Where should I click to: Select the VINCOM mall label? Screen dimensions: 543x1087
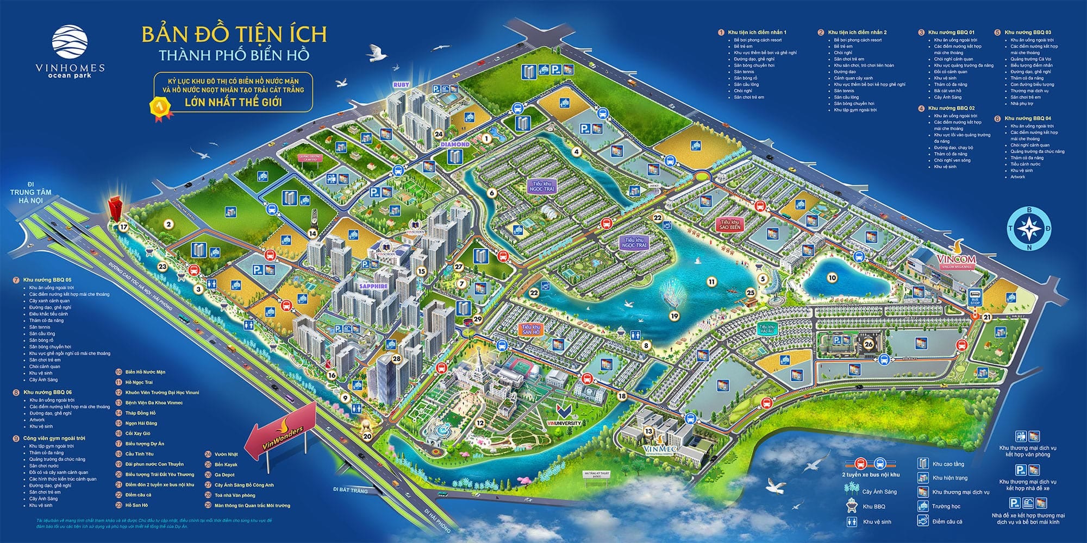tap(957, 260)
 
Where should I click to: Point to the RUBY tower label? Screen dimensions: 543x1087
tap(401, 85)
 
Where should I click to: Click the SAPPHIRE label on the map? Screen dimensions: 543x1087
tap(373, 286)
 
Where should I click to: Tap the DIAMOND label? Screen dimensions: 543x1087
tap(454, 144)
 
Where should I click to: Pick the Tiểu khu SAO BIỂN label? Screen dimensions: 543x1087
tap(730, 225)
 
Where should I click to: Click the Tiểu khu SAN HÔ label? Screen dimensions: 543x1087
tap(530, 329)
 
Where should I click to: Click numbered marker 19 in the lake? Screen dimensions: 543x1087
tap(674, 315)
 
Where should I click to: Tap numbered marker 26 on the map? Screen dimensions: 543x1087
tap(868, 344)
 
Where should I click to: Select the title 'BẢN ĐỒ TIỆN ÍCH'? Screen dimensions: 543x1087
tap(234, 34)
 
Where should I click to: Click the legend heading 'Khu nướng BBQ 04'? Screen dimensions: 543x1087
tap(1027, 118)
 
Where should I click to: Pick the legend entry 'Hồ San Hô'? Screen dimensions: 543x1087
tap(136, 505)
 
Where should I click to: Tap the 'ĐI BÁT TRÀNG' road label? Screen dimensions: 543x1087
tap(351, 490)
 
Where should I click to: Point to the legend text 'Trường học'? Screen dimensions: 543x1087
tap(946, 507)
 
